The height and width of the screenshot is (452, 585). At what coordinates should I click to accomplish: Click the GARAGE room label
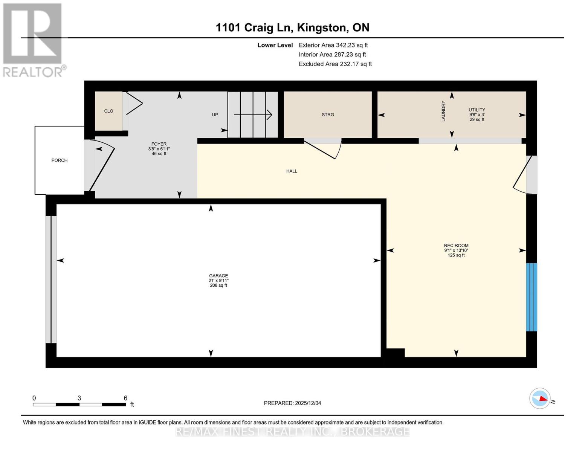click(218, 275)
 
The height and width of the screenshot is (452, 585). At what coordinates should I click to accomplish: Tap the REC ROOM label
click(456, 245)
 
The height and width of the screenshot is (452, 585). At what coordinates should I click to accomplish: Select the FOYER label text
click(159, 144)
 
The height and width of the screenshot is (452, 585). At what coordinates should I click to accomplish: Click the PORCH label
click(60, 160)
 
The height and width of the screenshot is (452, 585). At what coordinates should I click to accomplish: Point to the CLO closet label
click(108, 111)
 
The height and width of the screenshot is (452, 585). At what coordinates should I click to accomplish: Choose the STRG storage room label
click(328, 115)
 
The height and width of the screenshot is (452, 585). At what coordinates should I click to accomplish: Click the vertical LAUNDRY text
click(443, 111)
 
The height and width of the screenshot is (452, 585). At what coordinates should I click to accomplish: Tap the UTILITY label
click(477, 110)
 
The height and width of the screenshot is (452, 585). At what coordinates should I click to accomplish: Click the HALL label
click(292, 171)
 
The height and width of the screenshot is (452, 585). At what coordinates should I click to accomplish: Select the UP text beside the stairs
click(215, 115)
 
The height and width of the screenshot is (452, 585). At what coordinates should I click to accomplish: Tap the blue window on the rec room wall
click(532, 297)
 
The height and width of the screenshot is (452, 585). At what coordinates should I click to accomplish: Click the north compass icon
click(540, 398)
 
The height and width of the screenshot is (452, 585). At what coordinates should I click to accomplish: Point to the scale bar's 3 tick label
click(79, 398)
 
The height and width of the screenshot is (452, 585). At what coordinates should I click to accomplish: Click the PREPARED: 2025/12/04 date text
click(292, 403)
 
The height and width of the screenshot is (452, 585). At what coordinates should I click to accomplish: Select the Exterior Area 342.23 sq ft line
click(333, 45)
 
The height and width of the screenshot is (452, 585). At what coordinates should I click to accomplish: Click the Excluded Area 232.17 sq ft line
click(335, 64)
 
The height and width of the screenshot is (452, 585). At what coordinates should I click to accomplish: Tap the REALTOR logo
click(33, 40)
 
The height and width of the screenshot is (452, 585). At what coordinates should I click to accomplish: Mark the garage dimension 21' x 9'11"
click(218, 280)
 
